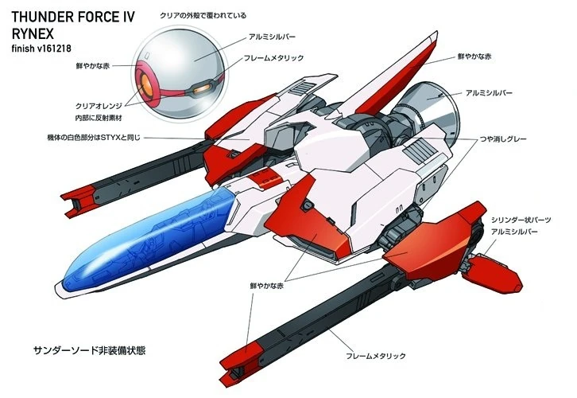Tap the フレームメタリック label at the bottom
375,356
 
